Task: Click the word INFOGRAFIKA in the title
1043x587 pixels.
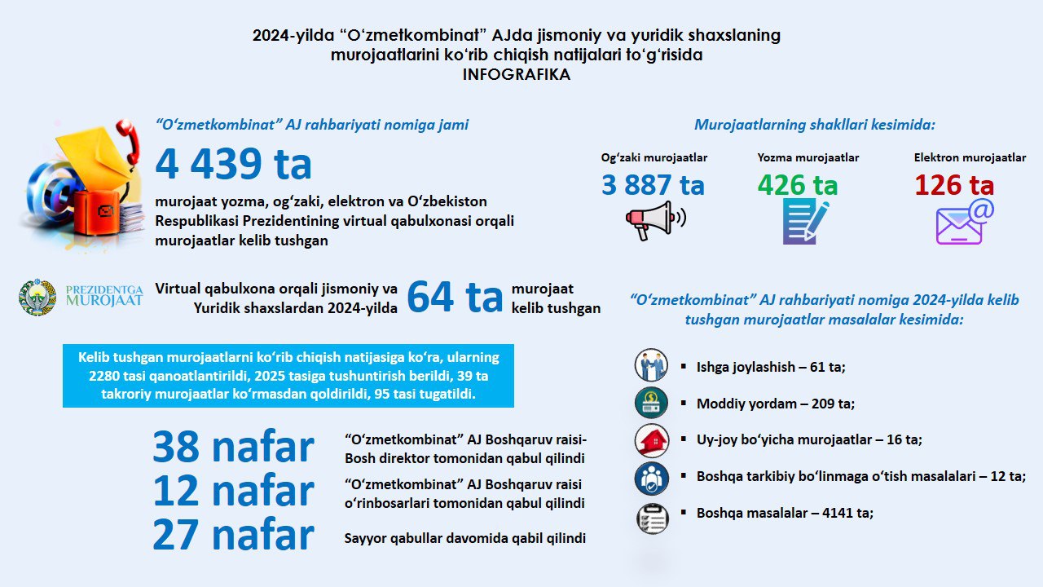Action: pos(516,74)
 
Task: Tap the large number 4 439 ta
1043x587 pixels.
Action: pos(234,164)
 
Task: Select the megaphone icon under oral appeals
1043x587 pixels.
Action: pos(654,220)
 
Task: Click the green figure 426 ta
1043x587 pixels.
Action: pos(797,185)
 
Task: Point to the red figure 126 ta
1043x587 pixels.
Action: pos(954,185)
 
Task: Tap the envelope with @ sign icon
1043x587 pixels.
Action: pos(965,222)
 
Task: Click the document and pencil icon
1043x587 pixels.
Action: pos(805,221)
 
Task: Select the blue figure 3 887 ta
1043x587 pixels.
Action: pos(653,185)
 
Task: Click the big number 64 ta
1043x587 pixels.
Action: pos(455,297)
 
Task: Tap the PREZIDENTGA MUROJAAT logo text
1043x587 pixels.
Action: pos(103,295)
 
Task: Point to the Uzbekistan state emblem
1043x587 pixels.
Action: pos(37,297)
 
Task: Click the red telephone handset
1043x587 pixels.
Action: pos(127,139)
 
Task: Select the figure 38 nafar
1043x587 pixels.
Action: pos(233,448)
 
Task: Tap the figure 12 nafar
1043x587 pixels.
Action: pos(233,492)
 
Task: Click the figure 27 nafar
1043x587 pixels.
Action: pos(233,536)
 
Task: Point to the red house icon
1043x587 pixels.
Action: pos(652,440)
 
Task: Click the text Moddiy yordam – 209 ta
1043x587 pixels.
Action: pos(775,404)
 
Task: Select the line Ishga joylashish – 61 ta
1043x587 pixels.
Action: pos(771,367)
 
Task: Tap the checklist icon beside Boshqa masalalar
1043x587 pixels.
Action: pos(652,518)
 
